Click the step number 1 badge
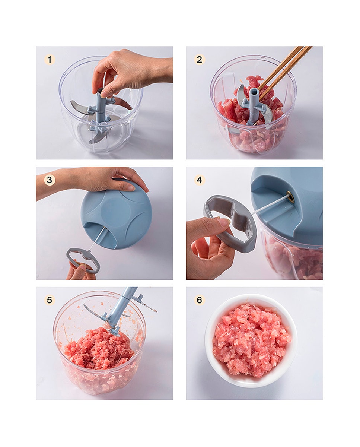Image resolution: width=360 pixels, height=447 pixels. tap(50, 60)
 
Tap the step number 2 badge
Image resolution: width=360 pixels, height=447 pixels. tap(199, 60)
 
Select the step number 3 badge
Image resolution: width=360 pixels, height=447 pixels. tap(50, 180)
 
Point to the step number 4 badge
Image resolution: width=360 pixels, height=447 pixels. tap(199, 180)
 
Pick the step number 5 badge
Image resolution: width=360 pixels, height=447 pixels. tap(50, 300)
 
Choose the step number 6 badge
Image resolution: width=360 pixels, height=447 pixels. tap(199, 300)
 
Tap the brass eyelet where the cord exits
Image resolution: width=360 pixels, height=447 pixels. tap(291, 197)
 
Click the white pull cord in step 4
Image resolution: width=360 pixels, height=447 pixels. tap(270, 205)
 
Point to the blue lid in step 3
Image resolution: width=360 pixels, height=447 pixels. tap(116, 214)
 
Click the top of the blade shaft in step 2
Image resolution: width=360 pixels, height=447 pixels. tap(255, 91)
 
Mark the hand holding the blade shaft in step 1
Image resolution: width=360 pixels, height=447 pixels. tap(131, 72)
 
